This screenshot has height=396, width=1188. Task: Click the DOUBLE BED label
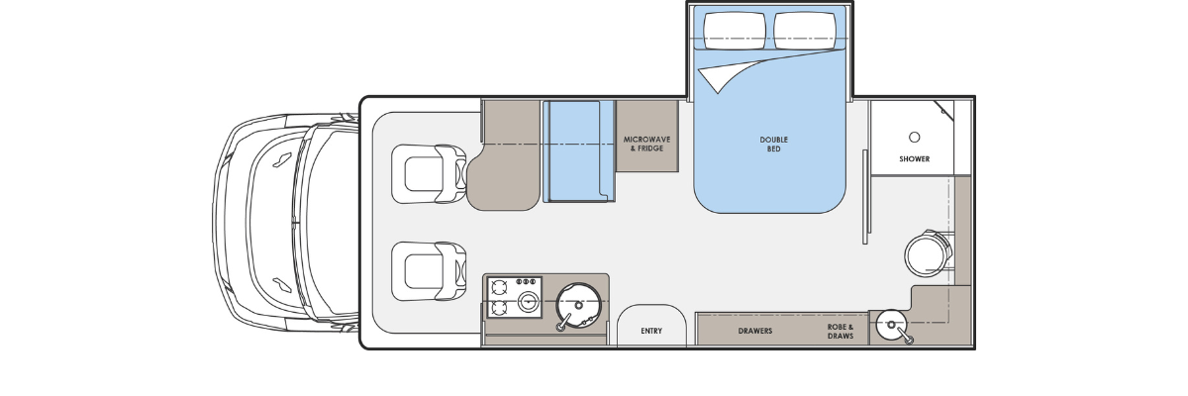(x=774, y=145)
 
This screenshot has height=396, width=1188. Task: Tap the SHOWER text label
(x=915, y=158)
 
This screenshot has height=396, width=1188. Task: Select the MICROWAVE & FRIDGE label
(x=646, y=144)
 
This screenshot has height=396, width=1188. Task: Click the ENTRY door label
(x=651, y=331)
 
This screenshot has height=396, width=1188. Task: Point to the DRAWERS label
(x=755, y=331)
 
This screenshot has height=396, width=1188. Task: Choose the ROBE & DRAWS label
(x=841, y=332)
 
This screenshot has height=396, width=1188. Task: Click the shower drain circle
(x=915, y=138)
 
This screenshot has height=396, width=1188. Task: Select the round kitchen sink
(x=578, y=305)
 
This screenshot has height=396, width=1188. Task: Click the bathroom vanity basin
(x=891, y=325)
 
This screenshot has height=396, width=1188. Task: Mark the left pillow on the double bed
(x=735, y=31)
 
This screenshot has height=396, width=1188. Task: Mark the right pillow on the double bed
(x=805, y=31)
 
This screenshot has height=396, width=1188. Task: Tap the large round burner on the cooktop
(x=529, y=302)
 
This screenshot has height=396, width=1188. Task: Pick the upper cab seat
(x=429, y=174)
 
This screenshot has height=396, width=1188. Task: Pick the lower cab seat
(x=429, y=271)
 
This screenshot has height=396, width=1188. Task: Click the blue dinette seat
(x=578, y=151)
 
